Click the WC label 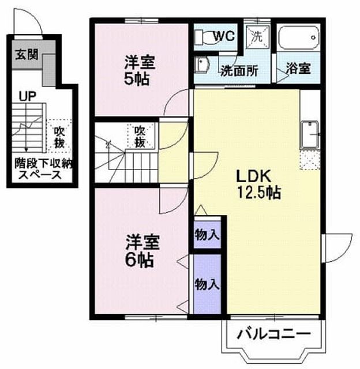224,36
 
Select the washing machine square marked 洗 257,37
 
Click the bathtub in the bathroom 299,38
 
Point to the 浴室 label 298,69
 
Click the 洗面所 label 239,70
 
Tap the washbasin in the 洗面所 201,65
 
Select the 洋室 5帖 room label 139,70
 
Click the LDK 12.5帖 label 258,184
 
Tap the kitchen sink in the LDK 309,135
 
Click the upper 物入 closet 207,235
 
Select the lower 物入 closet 207,284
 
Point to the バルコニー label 273,333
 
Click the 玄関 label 27,55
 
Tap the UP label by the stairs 28,96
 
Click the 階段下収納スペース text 44,169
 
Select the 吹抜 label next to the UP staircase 59,137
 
